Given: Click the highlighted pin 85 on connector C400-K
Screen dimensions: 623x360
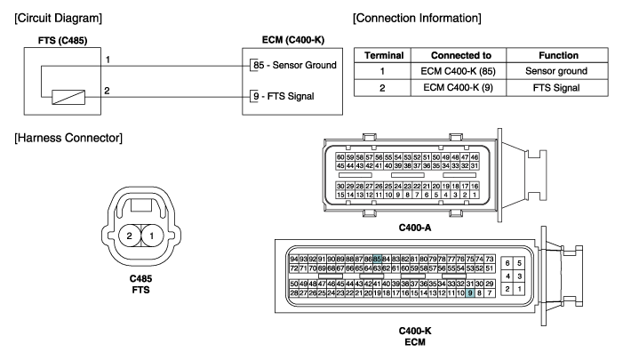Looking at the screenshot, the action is (x=377, y=259).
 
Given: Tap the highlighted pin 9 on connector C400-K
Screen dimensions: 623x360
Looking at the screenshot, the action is (x=470, y=293).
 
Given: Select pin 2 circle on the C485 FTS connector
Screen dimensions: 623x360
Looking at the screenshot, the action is (x=130, y=236).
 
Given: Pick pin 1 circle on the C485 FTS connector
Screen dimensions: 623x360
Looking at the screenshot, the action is (x=151, y=236).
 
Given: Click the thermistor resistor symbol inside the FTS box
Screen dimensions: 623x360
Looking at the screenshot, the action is (x=68, y=98).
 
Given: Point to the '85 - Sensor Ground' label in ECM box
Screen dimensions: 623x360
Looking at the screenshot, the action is (x=295, y=65).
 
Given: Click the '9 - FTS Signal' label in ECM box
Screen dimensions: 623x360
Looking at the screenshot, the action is (x=284, y=96).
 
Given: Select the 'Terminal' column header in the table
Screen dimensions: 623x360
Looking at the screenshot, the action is (x=384, y=55).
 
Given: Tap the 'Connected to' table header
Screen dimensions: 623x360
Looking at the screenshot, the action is (x=461, y=55).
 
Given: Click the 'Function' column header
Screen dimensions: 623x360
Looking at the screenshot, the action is (x=558, y=55).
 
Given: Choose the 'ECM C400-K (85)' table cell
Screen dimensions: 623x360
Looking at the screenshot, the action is (x=458, y=71).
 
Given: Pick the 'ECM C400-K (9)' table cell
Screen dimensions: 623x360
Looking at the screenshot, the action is (x=458, y=87).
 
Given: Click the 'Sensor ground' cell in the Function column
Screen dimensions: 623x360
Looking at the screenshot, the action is (x=556, y=71).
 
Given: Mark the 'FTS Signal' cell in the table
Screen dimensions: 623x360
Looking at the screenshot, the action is (x=556, y=88).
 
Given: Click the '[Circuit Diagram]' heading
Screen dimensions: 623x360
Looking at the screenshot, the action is (x=58, y=19).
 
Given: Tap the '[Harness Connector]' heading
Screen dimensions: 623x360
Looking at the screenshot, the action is (x=68, y=138).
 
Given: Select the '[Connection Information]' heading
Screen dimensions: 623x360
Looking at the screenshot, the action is (x=417, y=19).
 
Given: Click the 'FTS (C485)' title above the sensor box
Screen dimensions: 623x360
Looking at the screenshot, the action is (x=63, y=41).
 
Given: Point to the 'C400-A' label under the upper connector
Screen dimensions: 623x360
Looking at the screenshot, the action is (x=415, y=228).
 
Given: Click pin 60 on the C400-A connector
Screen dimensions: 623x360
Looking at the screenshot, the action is (x=340, y=157).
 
